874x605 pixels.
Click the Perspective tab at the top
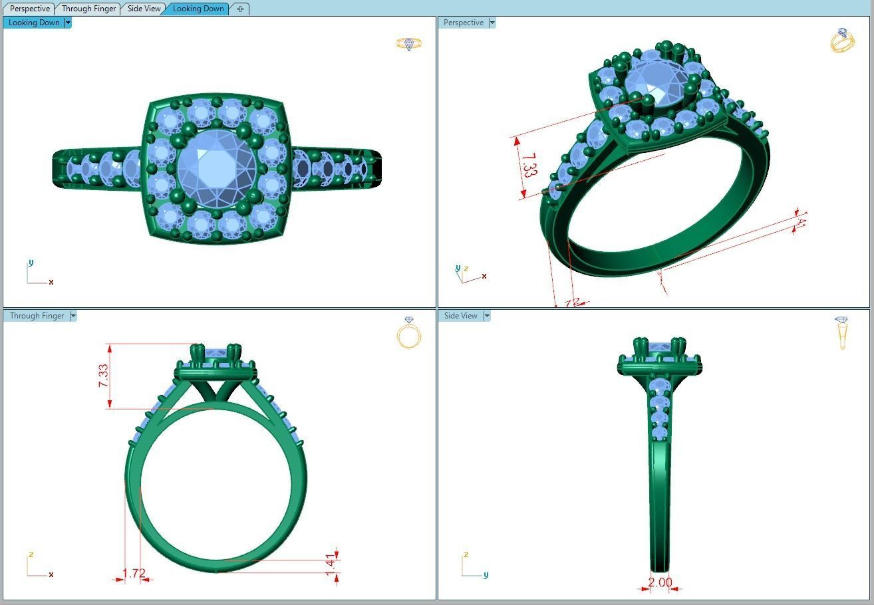point(30,9)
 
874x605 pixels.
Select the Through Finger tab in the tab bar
point(88,9)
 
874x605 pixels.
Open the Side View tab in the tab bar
point(144,9)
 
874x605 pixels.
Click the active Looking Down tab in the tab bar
point(198,9)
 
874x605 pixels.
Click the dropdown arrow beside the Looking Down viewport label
point(68,23)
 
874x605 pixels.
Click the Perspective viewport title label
point(464,23)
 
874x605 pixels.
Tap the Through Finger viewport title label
point(37,316)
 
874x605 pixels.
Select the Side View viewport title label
point(461,316)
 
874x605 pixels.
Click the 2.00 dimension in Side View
point(660,582)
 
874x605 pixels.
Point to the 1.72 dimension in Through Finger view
point(134,573)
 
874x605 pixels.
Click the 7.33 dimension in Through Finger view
point(104,376)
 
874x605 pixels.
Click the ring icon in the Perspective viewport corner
point(842,41)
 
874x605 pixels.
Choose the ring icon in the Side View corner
point(842,332)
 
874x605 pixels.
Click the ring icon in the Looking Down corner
point(408,44)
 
